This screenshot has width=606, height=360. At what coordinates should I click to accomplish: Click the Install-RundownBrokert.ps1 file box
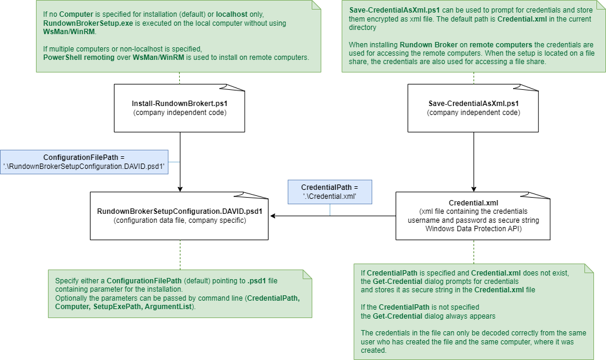pyautogui.click(x=179, y=108)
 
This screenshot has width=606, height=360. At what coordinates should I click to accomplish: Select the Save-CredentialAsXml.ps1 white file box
pyautogui.click(x=473, y=108)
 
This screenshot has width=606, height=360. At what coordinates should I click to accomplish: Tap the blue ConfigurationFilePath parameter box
pyautogui.click(x=84, y=162)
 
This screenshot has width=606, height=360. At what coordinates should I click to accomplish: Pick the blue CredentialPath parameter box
pyautogui.click(x=330, y=192)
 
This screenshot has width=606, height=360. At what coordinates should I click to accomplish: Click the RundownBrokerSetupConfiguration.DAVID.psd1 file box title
pyautogui.click(x=180, y=212)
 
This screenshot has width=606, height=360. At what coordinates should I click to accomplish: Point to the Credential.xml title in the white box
pyautogui.click(x=474, y=203)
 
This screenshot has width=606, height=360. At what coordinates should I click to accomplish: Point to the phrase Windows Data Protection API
pyautogui.click(x=474, y=229)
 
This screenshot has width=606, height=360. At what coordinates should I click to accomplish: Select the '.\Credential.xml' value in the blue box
pyautogui.click(x=330, y=196)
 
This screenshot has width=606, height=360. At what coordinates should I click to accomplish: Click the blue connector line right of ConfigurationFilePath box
pyautogui.click(x=174, y=162)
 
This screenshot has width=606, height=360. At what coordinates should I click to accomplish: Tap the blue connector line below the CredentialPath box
pyautogui.click(x=330, y=209)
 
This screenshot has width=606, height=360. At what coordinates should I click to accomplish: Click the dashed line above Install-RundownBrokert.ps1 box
pyautogui.click(x=179, y=78)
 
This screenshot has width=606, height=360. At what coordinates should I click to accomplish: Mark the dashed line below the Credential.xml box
pyautogui.click(x=474, y=252)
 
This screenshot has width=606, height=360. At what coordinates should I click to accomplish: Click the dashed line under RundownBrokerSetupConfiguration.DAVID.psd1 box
pyautogui.click(x=180, y=255)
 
